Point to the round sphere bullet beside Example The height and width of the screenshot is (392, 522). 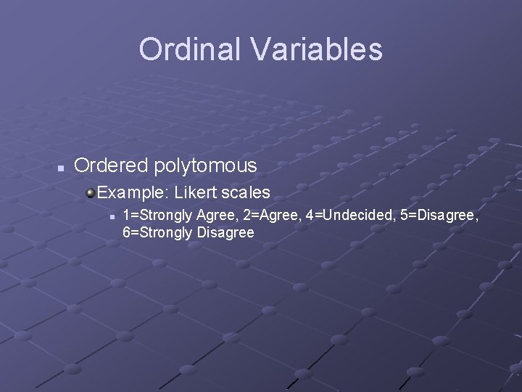pyautogui.click(x=90, y=192)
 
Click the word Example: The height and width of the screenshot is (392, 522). pyautogui.click(x=133, y=193)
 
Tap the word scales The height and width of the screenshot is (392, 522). pyautogui.click(x=246, y=193)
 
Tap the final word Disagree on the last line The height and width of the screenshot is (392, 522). pyautogui.click(x=224, y=233)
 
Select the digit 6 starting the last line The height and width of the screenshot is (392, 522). pyautogui.click(x=127, y=233)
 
